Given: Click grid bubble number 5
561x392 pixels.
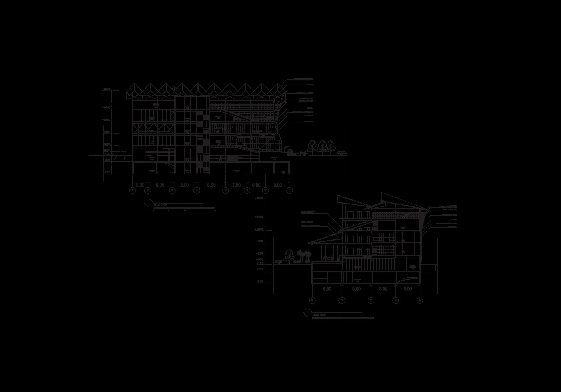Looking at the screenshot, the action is pos(197,190).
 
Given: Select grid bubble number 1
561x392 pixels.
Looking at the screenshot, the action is pos(290,190).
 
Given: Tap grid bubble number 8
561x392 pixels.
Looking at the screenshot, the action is pos(133,190).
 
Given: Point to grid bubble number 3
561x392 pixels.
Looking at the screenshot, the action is pos(247,190).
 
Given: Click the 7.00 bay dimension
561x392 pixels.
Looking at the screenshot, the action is pos(236,185).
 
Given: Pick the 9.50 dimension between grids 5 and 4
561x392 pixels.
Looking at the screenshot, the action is pos(211,185).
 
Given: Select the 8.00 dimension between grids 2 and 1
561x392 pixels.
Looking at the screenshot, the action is pos(278,185).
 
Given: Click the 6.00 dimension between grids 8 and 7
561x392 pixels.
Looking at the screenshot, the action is pos(140,185).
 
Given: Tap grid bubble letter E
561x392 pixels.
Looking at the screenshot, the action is pos(312,300).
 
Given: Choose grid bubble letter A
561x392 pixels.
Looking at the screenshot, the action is pos(420,300).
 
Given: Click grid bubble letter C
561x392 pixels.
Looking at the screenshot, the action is pos(371,300).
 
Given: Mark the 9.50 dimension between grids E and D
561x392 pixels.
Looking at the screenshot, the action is pos(327,289).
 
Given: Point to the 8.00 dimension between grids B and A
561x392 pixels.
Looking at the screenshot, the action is pos(407,289).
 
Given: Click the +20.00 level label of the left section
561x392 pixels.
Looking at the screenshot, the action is pos(106,89).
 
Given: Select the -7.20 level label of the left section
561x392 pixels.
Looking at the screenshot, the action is pos(107,172).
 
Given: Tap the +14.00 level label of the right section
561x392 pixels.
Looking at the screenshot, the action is pos(259,217).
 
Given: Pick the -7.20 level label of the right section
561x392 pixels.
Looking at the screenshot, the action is pos(260,282).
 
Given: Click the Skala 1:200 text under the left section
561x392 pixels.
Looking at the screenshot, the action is pos(160,206).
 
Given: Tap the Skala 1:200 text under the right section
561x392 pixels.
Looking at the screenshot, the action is pos(319,315).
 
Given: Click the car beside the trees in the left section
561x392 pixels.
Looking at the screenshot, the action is pos(303,153).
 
